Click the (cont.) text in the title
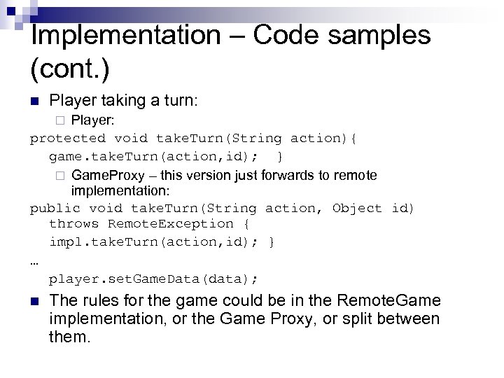click(71, 69)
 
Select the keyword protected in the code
click(68, 139)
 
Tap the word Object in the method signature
click(357, 208)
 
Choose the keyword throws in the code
click(73, 224)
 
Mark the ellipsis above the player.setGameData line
click(35, 261)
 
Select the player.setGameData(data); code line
click(153, 279)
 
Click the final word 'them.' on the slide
click(70, 337)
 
